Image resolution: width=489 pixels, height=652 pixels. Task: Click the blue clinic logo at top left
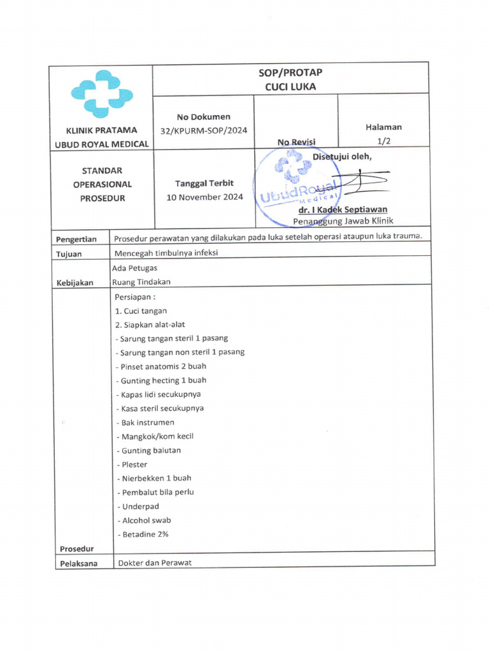click(x=102, y=94)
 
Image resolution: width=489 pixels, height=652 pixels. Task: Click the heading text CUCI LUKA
click(x=290, y=87)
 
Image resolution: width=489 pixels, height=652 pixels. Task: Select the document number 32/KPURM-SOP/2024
click(x=204, y=131)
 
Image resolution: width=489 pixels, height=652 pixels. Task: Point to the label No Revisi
click(x=297, y=142)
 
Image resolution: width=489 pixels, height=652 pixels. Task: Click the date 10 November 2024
click(x=205, y=197)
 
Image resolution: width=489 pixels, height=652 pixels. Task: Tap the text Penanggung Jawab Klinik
click(x=343, y=221)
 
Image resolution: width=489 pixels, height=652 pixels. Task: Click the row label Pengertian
click(x=76, y=239)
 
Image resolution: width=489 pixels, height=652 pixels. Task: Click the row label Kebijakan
click(x=75, y=283)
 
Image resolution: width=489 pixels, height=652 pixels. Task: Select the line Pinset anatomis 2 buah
click(x=161, y=367)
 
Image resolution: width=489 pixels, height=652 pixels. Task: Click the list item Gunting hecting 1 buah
click(x=162, y=381)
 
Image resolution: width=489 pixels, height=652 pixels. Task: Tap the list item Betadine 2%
click(x=143, y=535)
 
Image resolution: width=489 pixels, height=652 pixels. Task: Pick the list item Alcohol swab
click(x=145, y=521)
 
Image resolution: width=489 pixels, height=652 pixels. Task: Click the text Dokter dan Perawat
click(x=155, y=563)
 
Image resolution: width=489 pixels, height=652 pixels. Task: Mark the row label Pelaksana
click(x=79, y=563)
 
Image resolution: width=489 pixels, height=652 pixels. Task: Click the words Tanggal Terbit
click(x=204, y=183)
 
